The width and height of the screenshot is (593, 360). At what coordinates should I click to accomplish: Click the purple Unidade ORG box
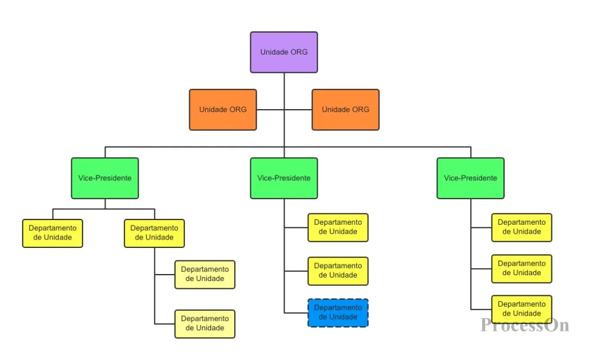pyautogui.click(x=283, y=52)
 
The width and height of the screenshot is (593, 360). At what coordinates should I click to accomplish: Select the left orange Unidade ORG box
pyautogui.click(x=223, y=110)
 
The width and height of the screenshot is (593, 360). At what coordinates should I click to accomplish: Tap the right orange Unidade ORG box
pyautogui.click(x=345, y=110)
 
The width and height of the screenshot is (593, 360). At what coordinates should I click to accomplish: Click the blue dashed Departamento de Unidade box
pyautogui.click(x=338, y=313)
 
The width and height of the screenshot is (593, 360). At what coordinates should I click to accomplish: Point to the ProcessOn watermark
pyautogui.click(x=525, y=325)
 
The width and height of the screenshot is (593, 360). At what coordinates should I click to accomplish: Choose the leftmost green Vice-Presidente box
pyautogui.click(x=105, y=178)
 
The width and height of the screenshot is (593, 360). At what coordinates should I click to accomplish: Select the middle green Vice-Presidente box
pyautogui.click(x=283, y=178)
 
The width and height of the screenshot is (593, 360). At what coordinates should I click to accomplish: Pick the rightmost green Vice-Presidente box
pyautogui.click(x=470, y=178)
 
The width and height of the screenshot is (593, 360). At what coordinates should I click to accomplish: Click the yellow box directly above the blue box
pyautogui.click(x=338, y=271)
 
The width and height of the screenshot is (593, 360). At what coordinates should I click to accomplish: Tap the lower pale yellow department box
pyautogui.click(x=205, y=324)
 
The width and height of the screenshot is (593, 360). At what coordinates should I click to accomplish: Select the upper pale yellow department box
pyautogui.click(x=205, y=275)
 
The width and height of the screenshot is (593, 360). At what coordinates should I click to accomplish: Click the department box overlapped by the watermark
pyautogui.click(x=521, y=310)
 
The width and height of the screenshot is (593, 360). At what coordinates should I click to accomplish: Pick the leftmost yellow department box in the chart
pyautogui.click(x=53, y=233)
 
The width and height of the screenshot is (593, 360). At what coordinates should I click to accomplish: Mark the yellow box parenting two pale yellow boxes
pyautogui.click(x=154, y=233)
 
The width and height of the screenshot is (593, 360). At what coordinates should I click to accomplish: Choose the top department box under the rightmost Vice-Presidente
pyautogui.click(x=521, y=227)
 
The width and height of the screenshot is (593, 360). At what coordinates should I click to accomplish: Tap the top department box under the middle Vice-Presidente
pyautogui.click(x=338, y=227)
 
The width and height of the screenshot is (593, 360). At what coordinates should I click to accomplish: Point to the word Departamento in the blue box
pyautogui.click(x=338, y=308)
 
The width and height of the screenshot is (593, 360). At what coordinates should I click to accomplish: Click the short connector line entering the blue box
pyautogui.click(x=296, y=313)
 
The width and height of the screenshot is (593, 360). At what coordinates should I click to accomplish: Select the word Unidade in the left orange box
pyautogui.click(x=212, y=110)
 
